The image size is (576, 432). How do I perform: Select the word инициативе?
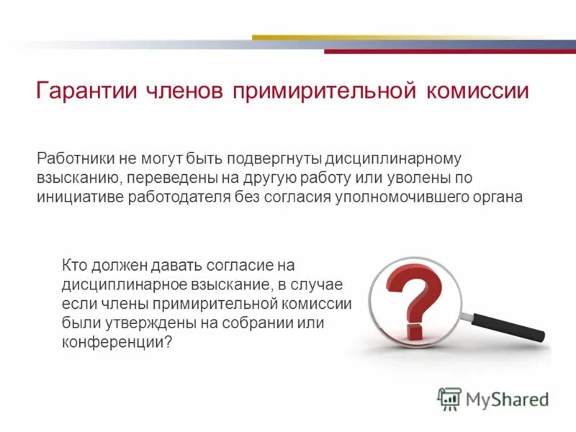tap(78, 197)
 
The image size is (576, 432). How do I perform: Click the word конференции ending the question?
tap(115, 343)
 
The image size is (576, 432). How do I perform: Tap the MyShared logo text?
tap(507, 398)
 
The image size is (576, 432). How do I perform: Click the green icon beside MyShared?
tap(449, 399)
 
